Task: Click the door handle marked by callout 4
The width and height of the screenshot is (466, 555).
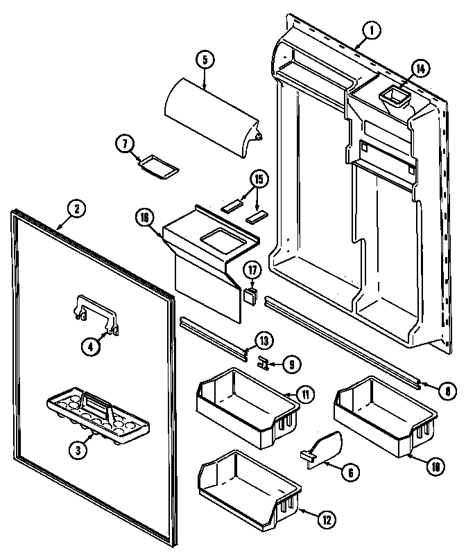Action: [96, 312]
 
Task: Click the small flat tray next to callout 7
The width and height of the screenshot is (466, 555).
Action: [158, 166]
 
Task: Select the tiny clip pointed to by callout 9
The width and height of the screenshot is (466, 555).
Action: [262, 361]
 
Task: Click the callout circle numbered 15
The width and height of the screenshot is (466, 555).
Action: [259, 179]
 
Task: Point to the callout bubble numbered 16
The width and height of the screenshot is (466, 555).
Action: [144, 218]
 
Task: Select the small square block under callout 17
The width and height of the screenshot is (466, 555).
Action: [249, 297]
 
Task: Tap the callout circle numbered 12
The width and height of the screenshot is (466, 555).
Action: [325, 517]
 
